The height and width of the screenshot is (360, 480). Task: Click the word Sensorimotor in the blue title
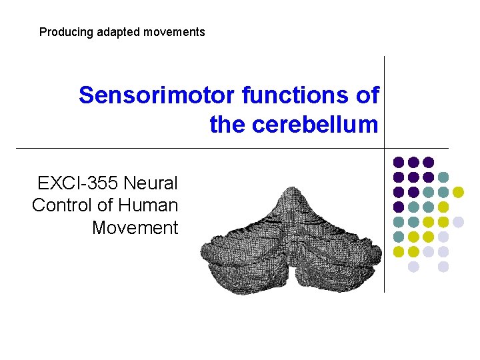pos(157,95)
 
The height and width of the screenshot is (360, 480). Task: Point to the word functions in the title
pos(297,95)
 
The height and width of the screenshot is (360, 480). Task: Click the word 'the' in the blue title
pos(226,124)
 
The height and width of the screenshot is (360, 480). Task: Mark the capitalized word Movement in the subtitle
pos(135,228)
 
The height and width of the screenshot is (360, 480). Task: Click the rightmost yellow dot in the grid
pos(458,192)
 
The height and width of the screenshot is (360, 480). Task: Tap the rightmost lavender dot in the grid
pos(458,222)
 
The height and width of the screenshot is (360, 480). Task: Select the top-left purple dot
pos(399,162)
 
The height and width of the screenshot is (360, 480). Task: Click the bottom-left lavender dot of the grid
pos(413,267)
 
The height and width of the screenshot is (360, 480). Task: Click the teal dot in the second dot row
pos(443,177)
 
